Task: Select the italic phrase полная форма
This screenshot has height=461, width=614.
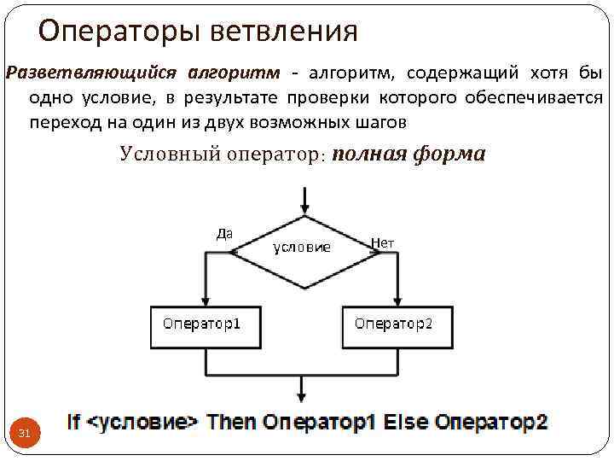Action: coord(408,154)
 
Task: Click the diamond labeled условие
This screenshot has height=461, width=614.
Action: coord(302,248)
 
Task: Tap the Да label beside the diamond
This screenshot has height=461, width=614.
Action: coord(224,232)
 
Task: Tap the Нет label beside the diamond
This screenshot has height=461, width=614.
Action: coord(384,242)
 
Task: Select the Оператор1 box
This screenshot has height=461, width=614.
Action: coord(206,325)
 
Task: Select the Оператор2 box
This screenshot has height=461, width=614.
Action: coord(397,325)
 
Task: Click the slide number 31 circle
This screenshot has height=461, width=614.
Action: coord(25,435)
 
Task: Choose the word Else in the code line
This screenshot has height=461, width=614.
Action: coord(407,422)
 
